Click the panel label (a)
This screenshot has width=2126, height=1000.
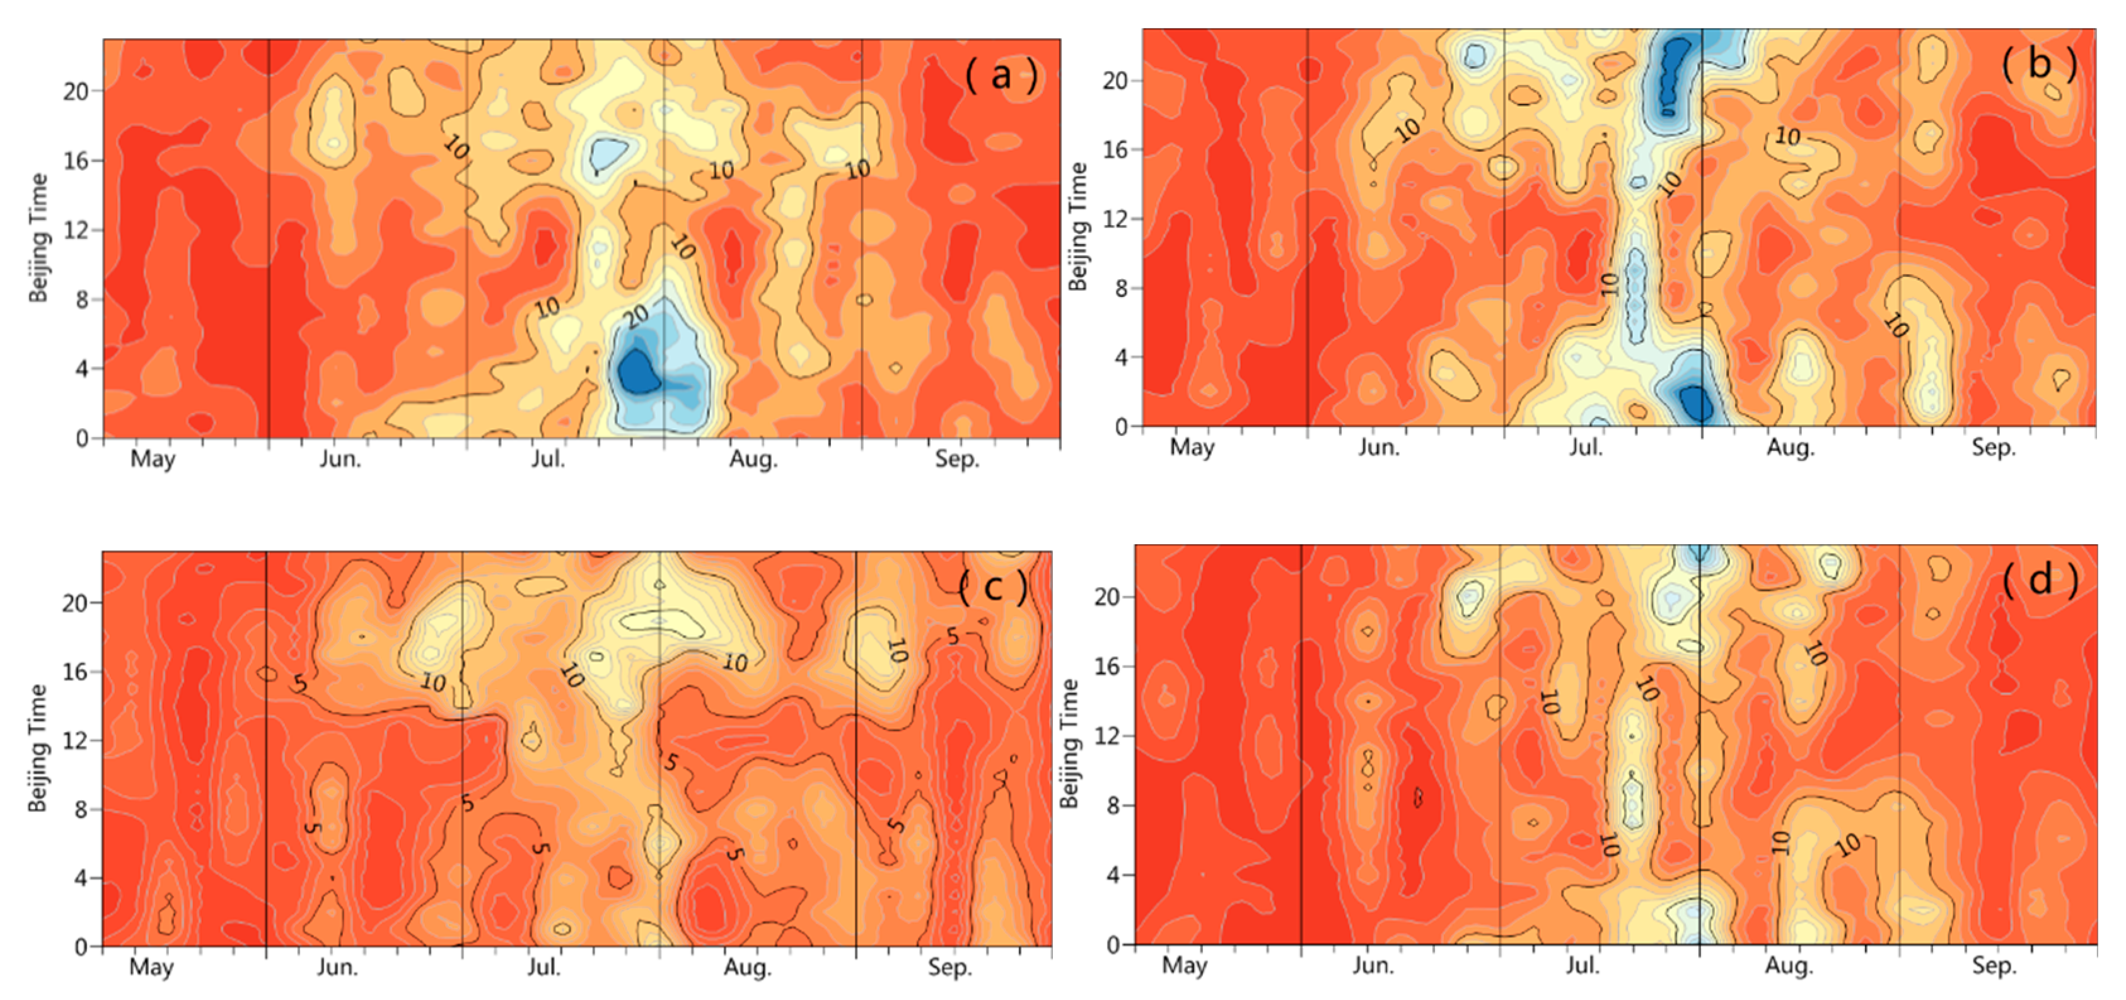[1001, 76]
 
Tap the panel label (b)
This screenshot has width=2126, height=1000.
[2038, 65]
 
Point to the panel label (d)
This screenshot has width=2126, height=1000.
[2038, 580]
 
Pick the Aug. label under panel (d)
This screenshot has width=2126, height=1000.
[1789, 965]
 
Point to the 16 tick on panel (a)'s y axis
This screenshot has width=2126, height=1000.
[76, 160]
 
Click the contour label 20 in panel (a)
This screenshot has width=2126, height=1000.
[636, 315]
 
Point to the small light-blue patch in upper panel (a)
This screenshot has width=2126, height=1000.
[608, 153]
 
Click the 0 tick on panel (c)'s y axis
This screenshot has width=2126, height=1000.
[81, 947]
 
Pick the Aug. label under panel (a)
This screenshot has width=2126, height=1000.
[753, 459]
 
